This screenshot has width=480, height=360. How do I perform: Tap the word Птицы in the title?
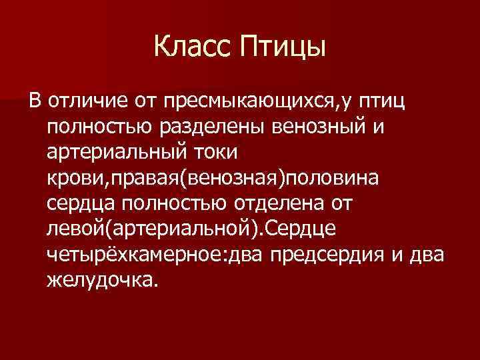point(284,48)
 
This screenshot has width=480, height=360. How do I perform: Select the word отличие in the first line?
point(84,102)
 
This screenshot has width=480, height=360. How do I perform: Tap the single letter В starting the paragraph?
point(35,102)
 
